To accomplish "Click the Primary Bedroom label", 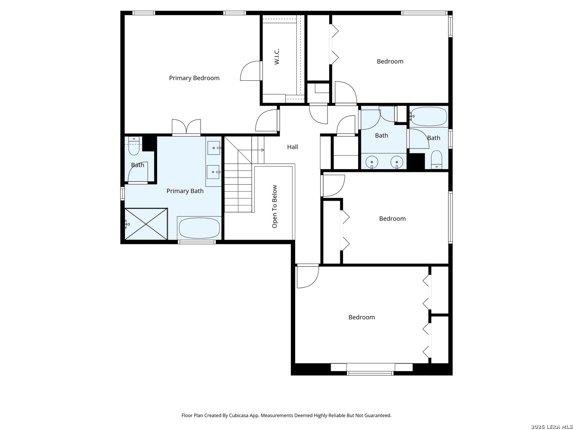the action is [x=194, y=78].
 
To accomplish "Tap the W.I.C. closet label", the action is [x=277, y=57].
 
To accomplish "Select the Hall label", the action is [x=292, y=147].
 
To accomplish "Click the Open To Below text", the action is [x=274, y=207].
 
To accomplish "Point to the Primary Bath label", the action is [x=185, y=191].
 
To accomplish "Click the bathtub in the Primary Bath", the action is [x=200, y=228].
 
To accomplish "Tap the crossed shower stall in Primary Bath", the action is [x=146, y=224].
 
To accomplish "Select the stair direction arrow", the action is [x=251, y=150].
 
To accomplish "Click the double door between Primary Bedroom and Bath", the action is [x=186, y=127].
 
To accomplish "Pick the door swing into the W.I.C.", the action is [x=251, y=71].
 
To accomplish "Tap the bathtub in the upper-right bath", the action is [x=429, y=116].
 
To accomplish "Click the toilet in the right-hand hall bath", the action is [x=436, y=159].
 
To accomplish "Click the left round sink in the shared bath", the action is [x=372, y=162].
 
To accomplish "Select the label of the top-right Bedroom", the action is [x=390, y=61].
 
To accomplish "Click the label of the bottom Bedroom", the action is [x=362, y=317].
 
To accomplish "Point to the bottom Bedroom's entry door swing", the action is [x=308, y=277].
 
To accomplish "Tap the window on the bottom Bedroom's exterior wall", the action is [x=370, y=373].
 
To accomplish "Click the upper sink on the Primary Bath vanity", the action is [x=214, y=148].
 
